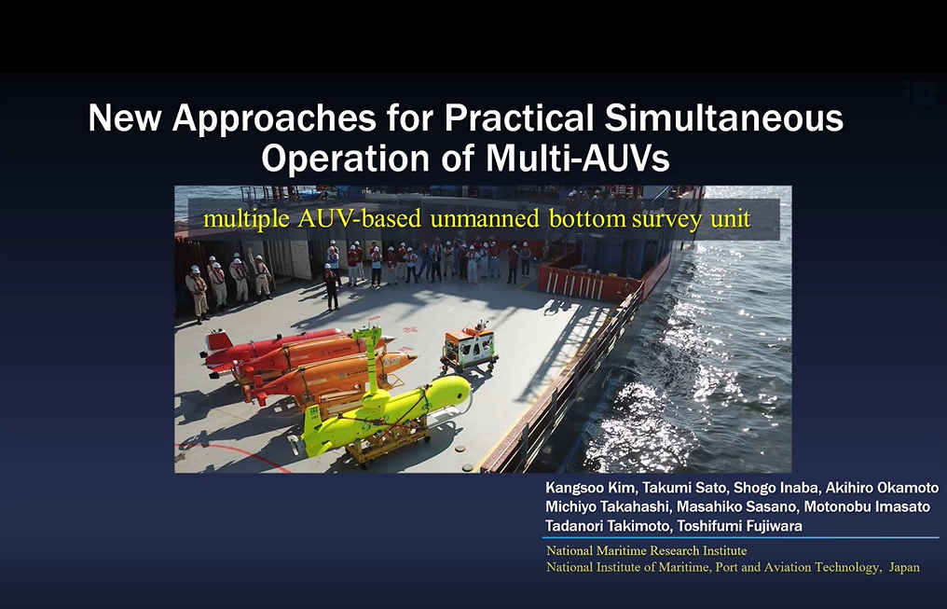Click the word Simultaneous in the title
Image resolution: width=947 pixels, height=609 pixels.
tap(723, 118)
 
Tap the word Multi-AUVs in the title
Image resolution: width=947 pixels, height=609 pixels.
tap(577, 159)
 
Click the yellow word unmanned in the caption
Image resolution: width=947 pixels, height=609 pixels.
tap(485, 218)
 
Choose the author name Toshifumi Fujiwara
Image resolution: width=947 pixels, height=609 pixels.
tap(740, 526)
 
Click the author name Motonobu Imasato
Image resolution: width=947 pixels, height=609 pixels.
tap(867, 506)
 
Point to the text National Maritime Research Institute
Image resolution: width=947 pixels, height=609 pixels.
tap(646, 550)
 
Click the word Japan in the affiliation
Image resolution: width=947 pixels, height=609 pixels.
tap(904, 567)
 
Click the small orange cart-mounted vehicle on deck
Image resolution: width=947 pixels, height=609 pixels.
tap(469, 346)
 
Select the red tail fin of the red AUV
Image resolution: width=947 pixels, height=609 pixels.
tap(217, 341)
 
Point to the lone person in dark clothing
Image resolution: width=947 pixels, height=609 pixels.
tap(330, 287)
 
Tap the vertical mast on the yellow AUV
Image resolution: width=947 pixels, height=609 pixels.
tap(371, 363)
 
